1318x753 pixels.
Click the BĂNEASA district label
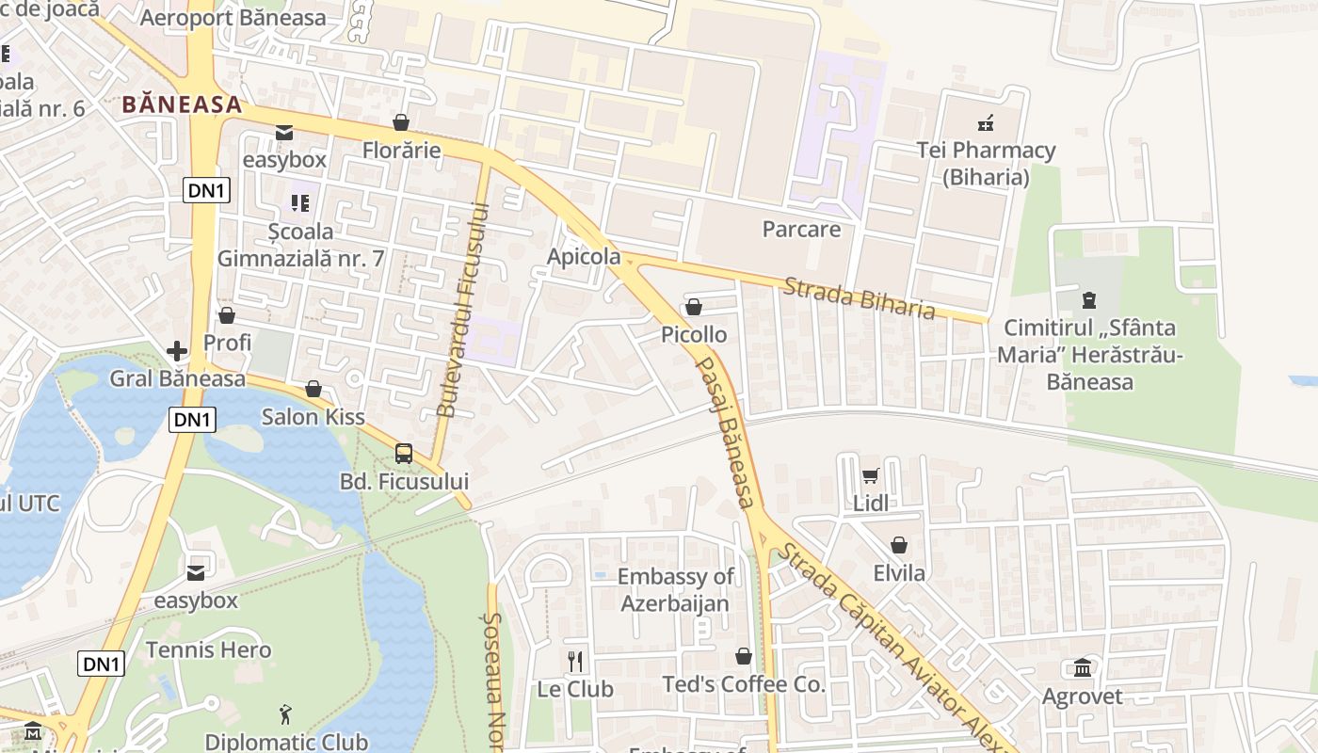182,104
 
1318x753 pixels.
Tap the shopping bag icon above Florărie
401,122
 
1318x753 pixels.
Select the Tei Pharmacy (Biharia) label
986,163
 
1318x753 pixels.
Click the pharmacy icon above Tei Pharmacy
986,122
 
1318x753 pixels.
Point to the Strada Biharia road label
859,297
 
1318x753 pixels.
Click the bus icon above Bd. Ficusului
404,454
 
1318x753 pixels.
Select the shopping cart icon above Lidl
870,475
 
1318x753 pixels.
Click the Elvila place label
898,572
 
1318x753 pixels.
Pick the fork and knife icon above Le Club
575,661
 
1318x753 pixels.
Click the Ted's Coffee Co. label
743,684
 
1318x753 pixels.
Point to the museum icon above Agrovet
1082,668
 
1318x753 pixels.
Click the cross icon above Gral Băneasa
177,351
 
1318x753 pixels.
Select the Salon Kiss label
313,416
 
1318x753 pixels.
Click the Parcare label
801,229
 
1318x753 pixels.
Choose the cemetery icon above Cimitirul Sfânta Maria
1089,300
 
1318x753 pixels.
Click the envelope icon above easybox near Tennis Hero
196,572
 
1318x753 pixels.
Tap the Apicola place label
584,256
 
